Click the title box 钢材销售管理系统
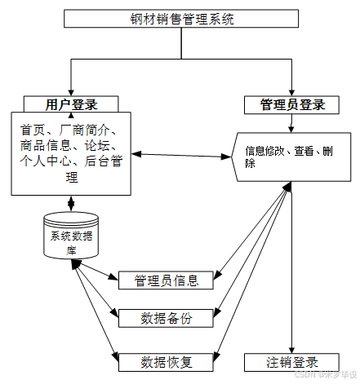180,19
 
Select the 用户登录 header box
72,104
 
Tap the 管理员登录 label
292,104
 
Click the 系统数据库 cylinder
71,236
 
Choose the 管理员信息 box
166,280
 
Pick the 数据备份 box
166,318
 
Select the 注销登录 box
291,361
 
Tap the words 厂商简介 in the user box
91,130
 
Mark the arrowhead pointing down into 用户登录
72,92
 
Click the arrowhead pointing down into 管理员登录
291,92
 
